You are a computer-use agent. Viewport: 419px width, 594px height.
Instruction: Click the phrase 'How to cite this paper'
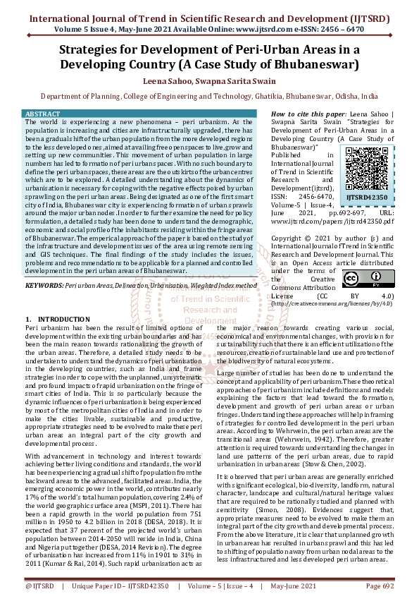[x=308, y=114]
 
